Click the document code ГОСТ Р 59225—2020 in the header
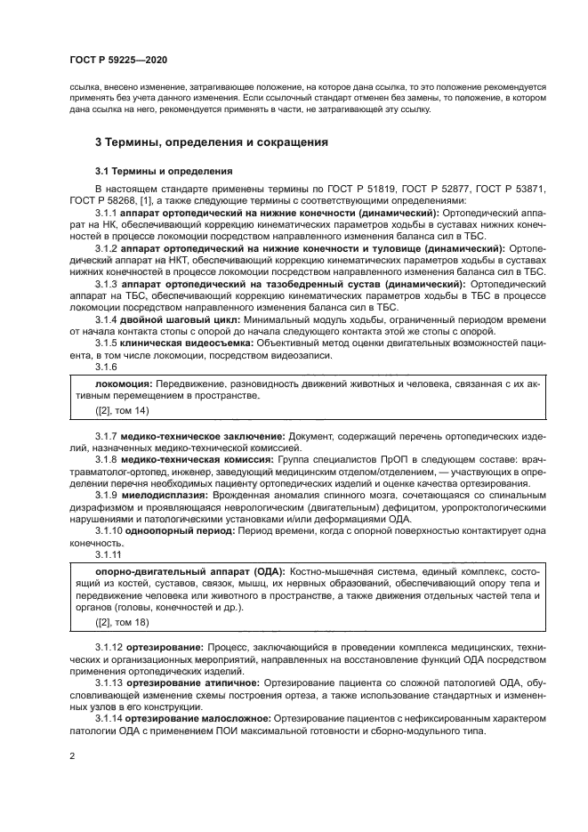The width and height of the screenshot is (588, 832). [118, 59]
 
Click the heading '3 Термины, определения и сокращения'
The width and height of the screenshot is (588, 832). [212, 142]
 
